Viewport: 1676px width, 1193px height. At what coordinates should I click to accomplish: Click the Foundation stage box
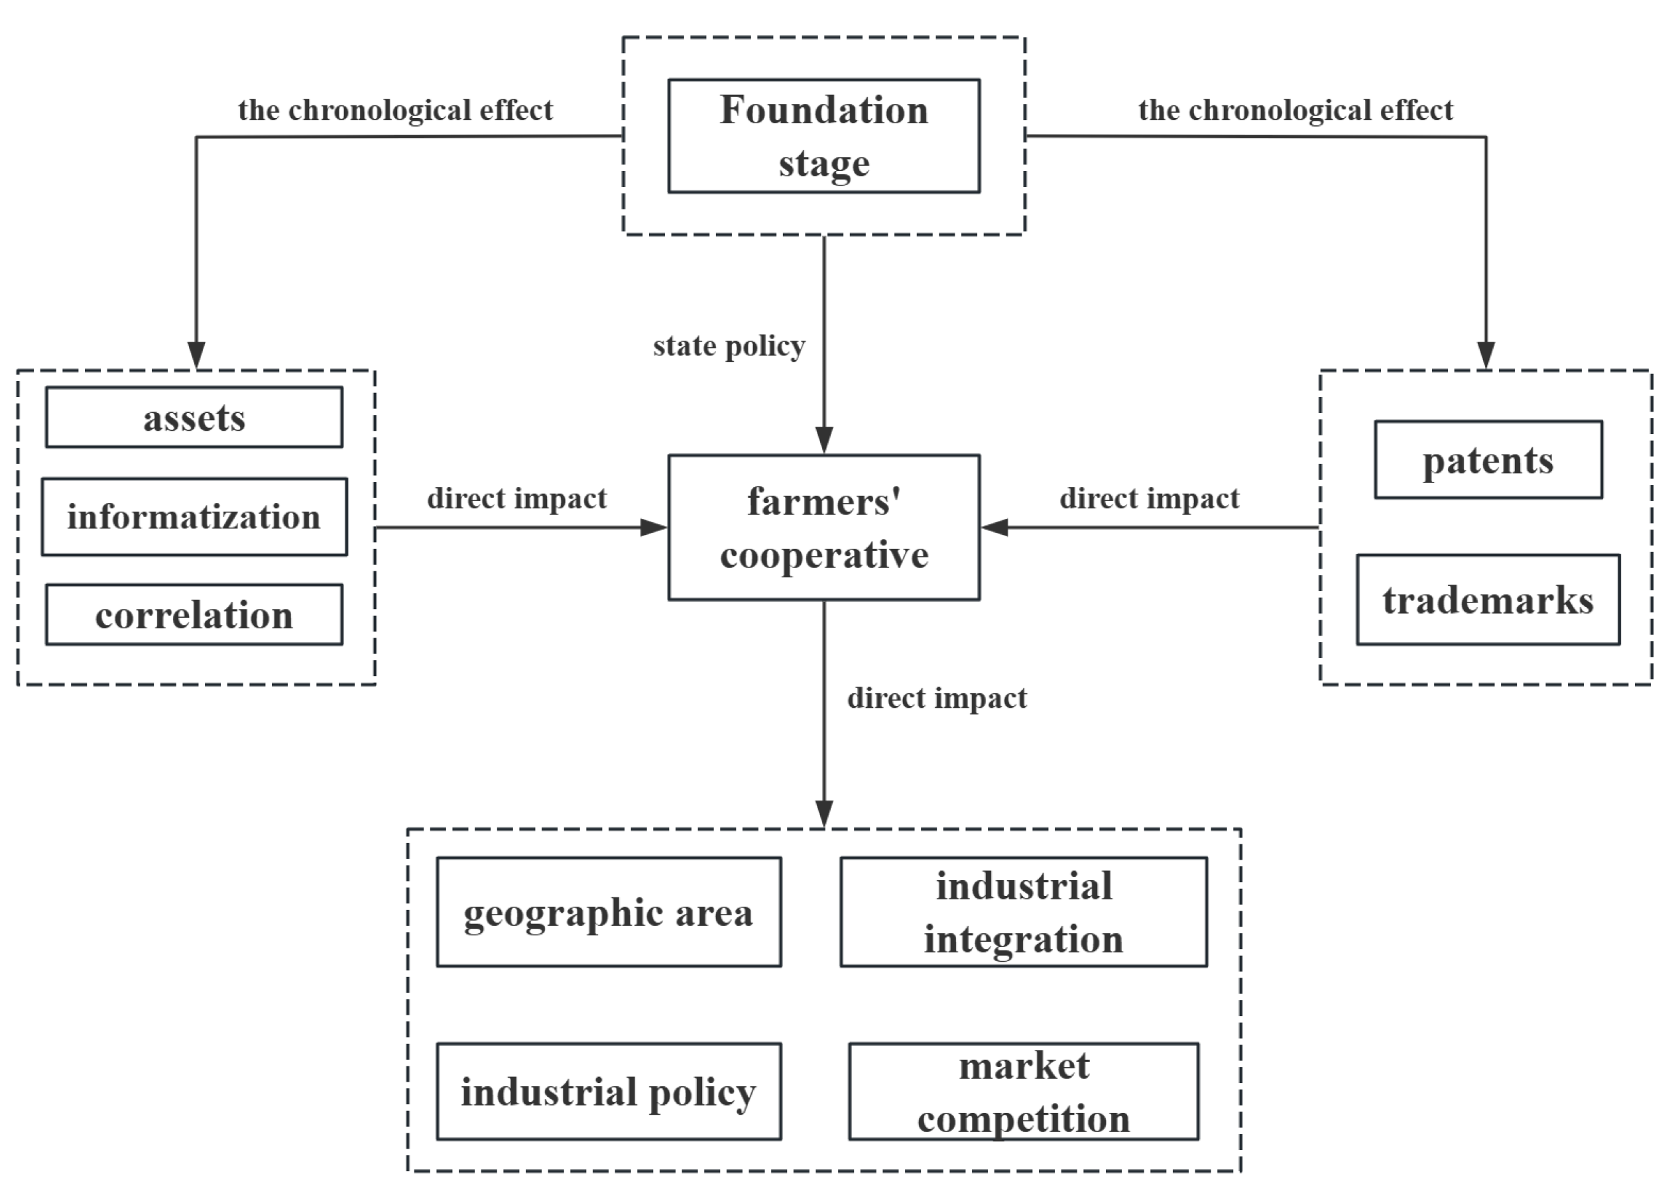click(x=823, y=136)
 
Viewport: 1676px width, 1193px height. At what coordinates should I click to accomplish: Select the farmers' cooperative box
click(x=823, y=527)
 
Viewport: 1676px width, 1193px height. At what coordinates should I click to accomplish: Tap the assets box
click(x=194, y=418)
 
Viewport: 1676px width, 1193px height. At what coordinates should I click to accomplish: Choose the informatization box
click(x=194, y=516)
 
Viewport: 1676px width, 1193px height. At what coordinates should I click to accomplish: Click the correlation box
click(x=194, y=614)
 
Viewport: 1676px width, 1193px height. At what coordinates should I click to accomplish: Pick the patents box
click(x=1488, y=460)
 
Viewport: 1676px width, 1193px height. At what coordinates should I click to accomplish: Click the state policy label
click(x=729, y=346)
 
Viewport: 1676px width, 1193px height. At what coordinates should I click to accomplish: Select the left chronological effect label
click(x=395, y=110)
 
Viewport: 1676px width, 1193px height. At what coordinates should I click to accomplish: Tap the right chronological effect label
click(x=1295, y=110)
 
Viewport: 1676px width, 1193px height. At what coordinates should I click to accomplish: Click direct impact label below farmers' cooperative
click(x=937, y=698)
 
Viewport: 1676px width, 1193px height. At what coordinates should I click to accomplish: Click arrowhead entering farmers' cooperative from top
click(x=823, y=441)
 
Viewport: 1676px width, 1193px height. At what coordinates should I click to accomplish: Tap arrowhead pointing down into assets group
click(x=196, y=355)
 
